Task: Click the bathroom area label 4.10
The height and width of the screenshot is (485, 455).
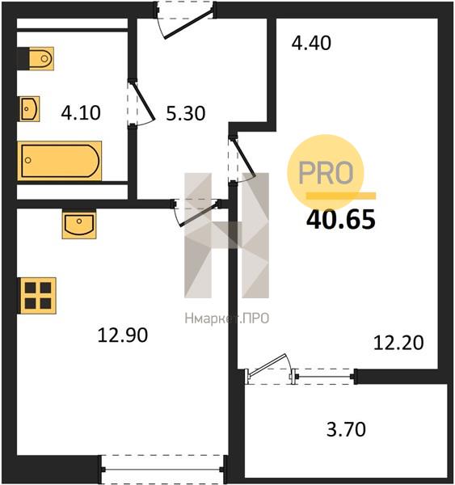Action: pos(81,112)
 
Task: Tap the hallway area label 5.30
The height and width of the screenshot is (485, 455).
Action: pos(186,113)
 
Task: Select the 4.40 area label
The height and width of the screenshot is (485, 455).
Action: pos(311,43)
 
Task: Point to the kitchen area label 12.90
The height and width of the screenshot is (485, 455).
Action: pos(123,335)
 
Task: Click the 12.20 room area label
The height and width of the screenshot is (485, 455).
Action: pos(398,343)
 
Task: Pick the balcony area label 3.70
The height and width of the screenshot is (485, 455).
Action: pos(346,429)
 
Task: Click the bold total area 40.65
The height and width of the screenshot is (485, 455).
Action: pos(341,219)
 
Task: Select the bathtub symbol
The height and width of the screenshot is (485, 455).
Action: pos(60,161)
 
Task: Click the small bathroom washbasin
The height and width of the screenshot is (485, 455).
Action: pos(30,109)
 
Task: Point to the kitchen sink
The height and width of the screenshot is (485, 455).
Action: pos(79,224)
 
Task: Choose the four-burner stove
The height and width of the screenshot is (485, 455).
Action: pos(38,296)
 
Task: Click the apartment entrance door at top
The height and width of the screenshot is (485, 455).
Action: pos(184,19)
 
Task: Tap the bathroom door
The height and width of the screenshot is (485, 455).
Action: pos(141,103)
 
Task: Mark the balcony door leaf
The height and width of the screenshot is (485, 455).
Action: pos(268,365)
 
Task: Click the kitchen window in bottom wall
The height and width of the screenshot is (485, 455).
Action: pos(163,469)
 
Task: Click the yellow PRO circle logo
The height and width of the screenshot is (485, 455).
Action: pos(326,173)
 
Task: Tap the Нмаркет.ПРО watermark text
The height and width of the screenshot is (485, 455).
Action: pos(227,318)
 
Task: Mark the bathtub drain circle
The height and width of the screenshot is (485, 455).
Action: pos(28,160)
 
